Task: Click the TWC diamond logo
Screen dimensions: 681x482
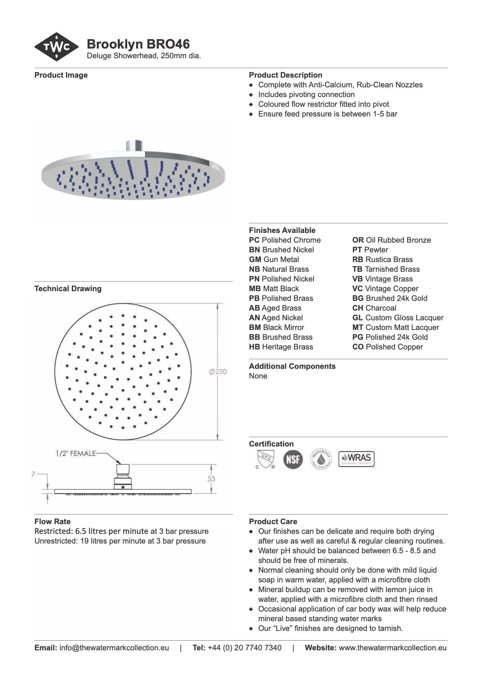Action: pos(57,47)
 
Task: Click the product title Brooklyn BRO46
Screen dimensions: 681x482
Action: pos(138,44)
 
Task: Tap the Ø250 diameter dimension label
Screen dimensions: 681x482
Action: pos(218,372)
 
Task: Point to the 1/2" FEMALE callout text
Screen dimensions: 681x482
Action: pos(75,453)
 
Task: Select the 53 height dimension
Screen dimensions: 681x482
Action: pos(211,479)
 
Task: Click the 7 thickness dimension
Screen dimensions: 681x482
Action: pos(33,474)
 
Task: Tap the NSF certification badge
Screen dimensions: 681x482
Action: pos(293,459)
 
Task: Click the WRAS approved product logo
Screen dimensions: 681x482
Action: pos(356,459)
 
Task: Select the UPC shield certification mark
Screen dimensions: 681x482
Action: pos(266,459)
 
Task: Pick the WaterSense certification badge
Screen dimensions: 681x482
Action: pos(321,459)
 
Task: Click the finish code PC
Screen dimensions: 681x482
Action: pos(254,240)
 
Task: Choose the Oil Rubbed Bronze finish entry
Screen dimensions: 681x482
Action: pos(391,240)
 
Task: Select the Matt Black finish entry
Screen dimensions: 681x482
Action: pos(274,288)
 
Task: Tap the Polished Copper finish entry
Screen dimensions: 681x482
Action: pos(388,347)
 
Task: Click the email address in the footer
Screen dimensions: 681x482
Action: pos(114,648)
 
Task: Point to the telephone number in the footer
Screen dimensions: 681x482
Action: pos(244,648)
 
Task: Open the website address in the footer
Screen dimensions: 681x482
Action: pos(393,648)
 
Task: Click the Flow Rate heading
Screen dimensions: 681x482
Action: pos(52,521)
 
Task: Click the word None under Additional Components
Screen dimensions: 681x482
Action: pos(258,376)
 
